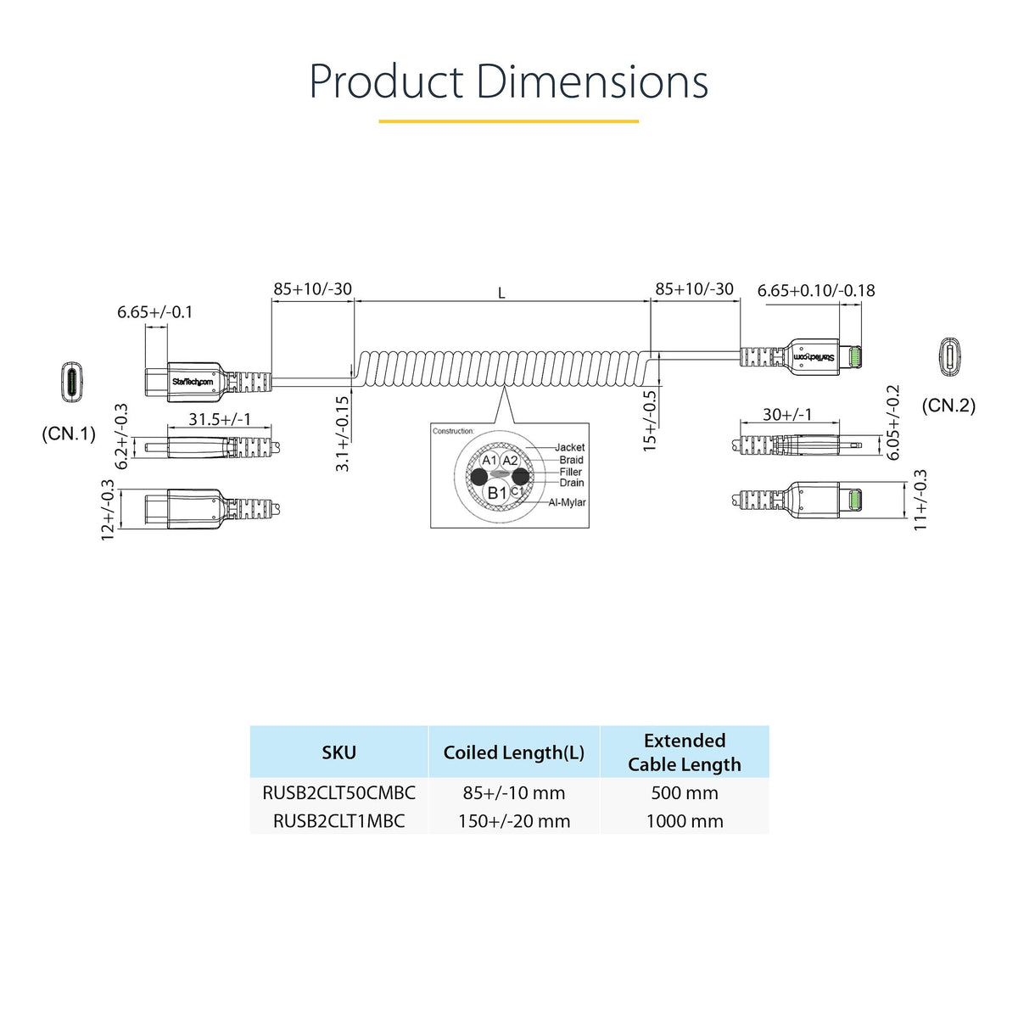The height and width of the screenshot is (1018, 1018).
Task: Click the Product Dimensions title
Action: [x=508, y=82]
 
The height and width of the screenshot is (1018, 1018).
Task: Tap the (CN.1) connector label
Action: [x=69, y=434]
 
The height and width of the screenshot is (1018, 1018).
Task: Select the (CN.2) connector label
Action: [x=948, y=406]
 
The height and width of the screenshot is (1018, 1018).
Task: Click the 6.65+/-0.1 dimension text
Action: [x=155, y=312]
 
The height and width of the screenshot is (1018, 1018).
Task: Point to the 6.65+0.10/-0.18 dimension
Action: [x=816, y=290]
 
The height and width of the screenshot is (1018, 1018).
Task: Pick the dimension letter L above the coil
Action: [x=501, y=294]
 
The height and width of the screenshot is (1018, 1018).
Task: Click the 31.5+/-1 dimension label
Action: [x=219, y=419]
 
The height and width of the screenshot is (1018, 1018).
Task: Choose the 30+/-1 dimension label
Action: [x=786, y=414]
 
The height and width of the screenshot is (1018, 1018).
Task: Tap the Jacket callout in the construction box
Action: [x=569, y=447]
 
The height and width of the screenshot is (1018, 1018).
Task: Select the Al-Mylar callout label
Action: [x=567, y=502]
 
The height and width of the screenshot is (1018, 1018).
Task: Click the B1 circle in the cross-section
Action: [x=496, y=493]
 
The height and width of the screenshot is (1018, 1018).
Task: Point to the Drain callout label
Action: [x=572, y=483]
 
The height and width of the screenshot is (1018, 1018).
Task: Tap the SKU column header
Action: [x=339, y=752]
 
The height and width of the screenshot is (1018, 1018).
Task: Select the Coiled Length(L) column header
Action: [x=514, y=752]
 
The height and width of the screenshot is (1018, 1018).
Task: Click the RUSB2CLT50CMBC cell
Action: [x=339, y=793]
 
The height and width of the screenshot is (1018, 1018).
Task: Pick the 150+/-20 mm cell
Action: [x=514, y=821]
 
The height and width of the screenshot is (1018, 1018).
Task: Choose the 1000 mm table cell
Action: [x=685, y=821]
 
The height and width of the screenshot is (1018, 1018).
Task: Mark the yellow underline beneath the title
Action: [x=508, y=121]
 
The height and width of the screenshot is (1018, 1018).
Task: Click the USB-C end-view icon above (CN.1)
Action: [x=72, y=382]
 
